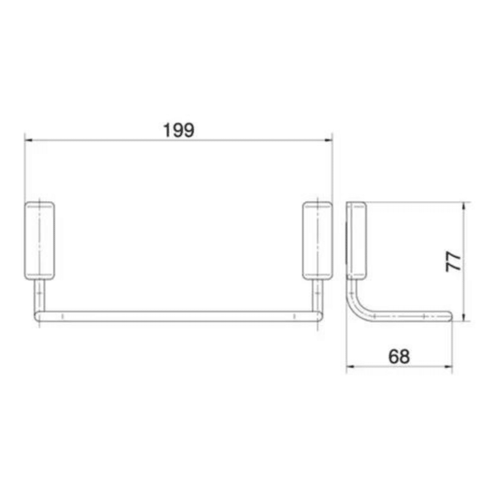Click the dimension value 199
pyautogui.click(x=179, y=130)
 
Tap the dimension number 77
pyautogui.click(x=453, y=261)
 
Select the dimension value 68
pyautogui.click(x=399, y=356)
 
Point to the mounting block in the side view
pyautogui.click(x=356, y=240)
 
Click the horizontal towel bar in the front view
pyautogui.click(x=178, y=317)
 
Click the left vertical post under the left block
pyautogui.click(x=39, y=296)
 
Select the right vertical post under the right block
pyautogui.click(x=317, y=296)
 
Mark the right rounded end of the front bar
pyautogui.click(x=319, y=317)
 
